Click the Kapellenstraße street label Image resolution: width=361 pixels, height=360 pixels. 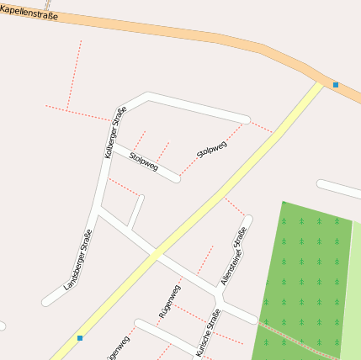[x=29, y=11]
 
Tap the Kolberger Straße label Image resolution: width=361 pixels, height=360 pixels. [x=115, y=133]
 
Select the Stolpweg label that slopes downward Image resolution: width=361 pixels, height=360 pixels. [x=144, y=161]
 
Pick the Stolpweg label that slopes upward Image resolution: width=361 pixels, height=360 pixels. [x=212, y=150]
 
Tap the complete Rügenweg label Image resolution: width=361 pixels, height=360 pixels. [x=169, y=301]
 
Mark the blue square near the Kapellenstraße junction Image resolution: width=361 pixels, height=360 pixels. [x=336, y=85]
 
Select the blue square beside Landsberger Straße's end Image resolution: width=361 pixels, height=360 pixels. [x=80, y=338]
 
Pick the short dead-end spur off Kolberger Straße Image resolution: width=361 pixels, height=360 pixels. [x=136, y=211]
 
